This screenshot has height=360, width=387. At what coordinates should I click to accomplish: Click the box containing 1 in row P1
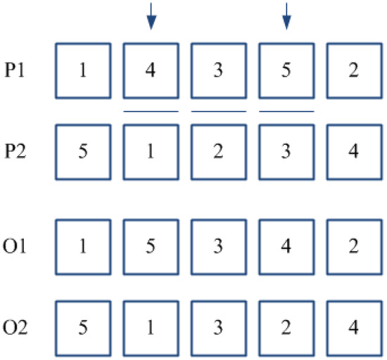coord(83,71)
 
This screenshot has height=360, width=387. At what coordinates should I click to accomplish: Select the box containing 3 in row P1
coord(219,71)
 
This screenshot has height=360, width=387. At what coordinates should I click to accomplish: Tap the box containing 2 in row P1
coord(355,71)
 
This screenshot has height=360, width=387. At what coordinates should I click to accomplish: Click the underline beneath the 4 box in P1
coord(151,111)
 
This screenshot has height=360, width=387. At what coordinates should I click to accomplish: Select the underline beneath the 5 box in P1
coord(286,111)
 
